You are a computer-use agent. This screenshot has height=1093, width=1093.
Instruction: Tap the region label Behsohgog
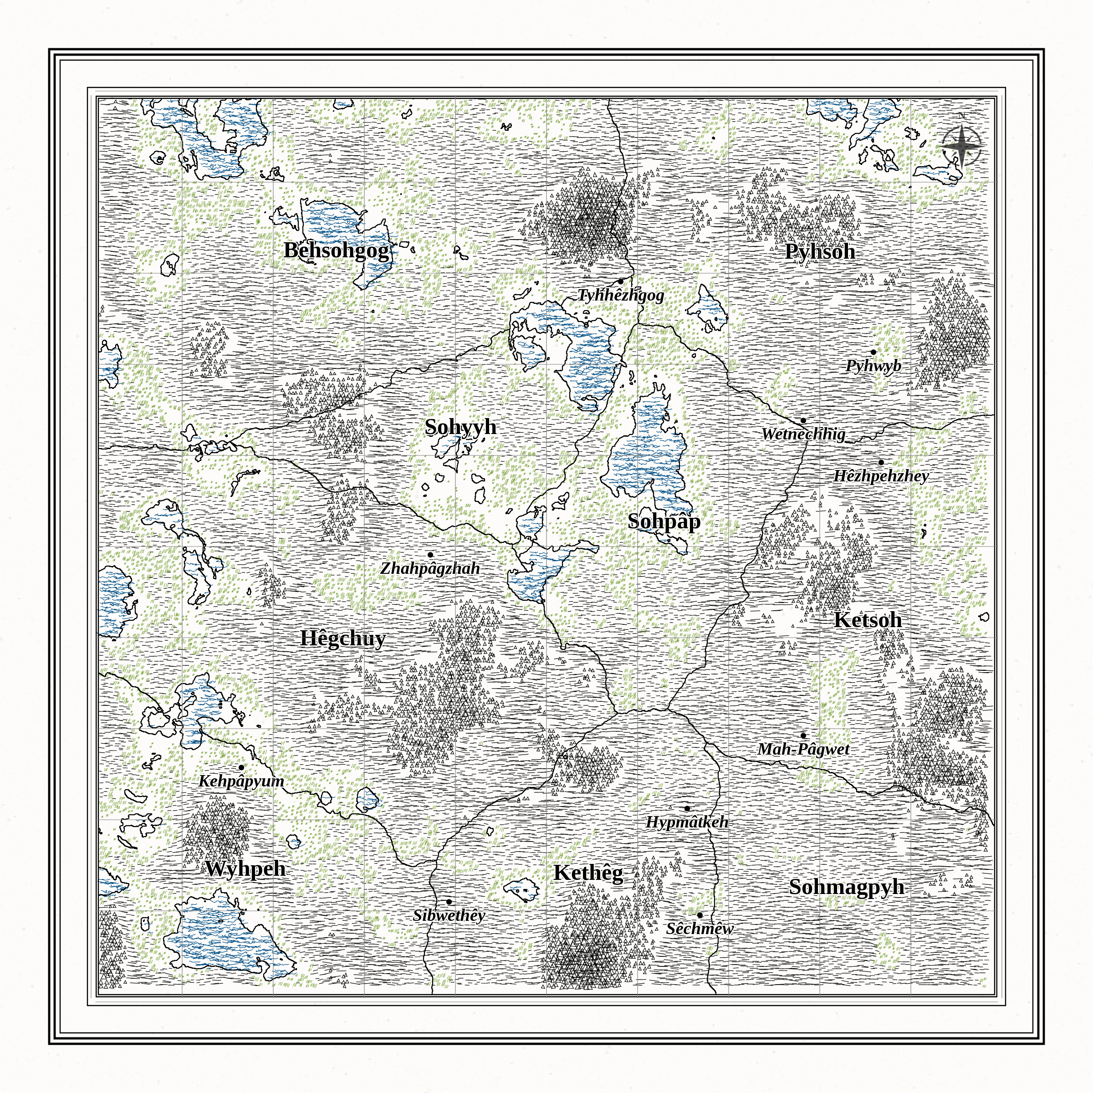pos(337,250)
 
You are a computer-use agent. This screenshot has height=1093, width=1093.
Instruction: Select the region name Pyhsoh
pos(820,252)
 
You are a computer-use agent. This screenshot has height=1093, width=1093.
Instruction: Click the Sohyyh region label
pos(460,427)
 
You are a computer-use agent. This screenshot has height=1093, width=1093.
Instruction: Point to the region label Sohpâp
pos(664,521)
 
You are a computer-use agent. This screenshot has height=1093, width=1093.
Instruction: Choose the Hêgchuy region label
pos(343,638)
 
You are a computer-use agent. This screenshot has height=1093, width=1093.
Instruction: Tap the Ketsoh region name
pos(868,620)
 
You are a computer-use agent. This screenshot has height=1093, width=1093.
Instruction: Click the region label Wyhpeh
pos(245,868)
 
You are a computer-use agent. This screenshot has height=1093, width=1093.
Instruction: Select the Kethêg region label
pos(588,873)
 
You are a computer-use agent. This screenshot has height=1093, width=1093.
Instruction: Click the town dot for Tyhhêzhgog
pos(621,281)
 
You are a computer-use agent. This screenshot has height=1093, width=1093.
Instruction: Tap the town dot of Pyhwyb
pos(873,352)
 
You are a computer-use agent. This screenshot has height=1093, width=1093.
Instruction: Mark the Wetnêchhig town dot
pos(803,420)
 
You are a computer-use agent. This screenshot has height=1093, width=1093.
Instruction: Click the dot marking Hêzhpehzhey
pos(881,462)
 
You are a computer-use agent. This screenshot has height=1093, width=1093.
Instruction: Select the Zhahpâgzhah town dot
pos(430,555)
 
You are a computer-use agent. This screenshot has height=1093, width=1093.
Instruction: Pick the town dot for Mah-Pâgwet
pos(803,735)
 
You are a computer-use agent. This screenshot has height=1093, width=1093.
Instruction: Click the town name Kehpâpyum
pos(241,781)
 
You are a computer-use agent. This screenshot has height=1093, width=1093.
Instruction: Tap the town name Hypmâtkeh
pos(687,822)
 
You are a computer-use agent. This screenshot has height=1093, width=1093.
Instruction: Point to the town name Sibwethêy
pos(449,915)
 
